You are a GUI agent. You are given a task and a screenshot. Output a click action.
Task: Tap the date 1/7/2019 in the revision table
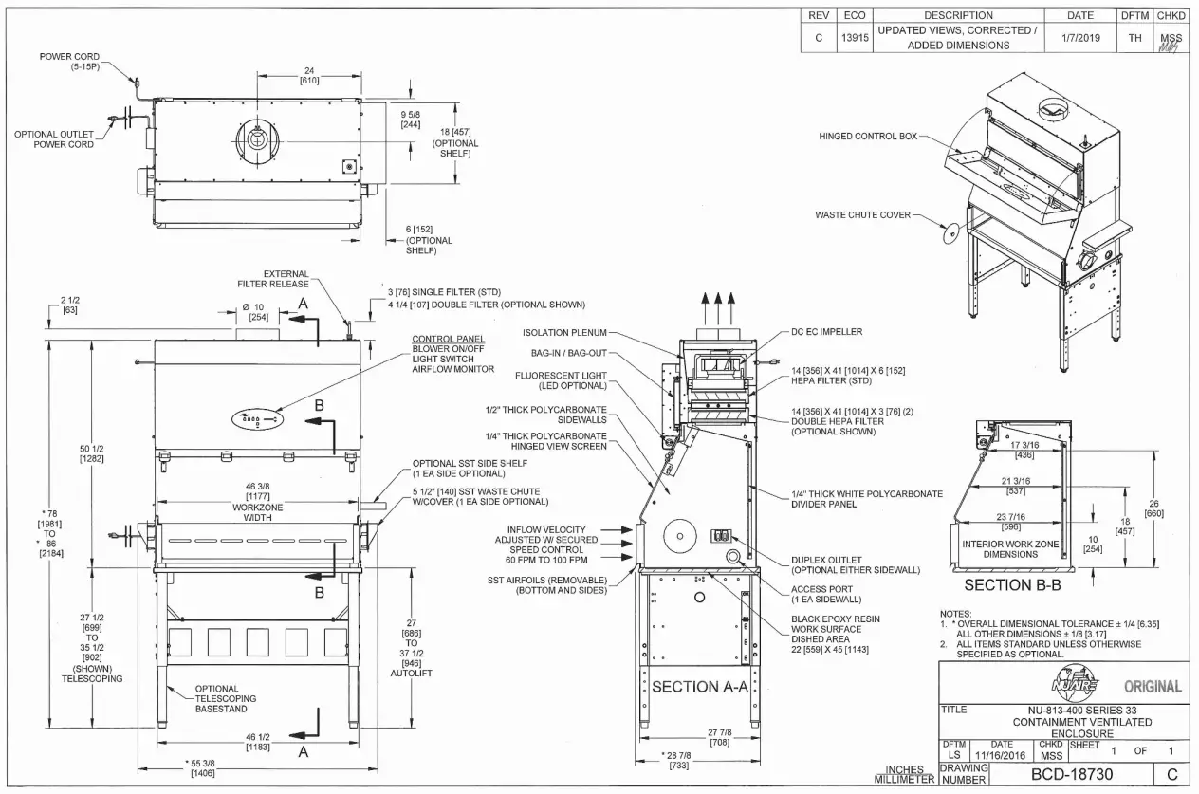[1079, 38]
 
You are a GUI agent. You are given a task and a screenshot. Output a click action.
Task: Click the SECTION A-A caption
[700, 687]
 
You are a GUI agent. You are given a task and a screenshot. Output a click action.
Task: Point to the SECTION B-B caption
[1011, 585]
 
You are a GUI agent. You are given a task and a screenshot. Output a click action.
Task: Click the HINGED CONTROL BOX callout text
[868, 137]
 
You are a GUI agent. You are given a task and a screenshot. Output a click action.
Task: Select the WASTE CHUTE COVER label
[862, 215]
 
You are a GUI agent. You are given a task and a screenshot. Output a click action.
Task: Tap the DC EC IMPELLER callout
[826, 332]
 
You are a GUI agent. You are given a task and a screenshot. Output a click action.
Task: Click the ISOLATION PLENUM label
[563, 332]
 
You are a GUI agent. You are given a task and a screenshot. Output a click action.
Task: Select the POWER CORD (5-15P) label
[69, 62]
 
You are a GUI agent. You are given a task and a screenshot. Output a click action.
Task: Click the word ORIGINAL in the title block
[1152, 687]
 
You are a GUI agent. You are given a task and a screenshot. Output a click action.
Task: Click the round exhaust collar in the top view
[257, 139]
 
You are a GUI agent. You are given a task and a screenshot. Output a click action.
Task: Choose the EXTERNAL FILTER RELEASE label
[273, 278]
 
